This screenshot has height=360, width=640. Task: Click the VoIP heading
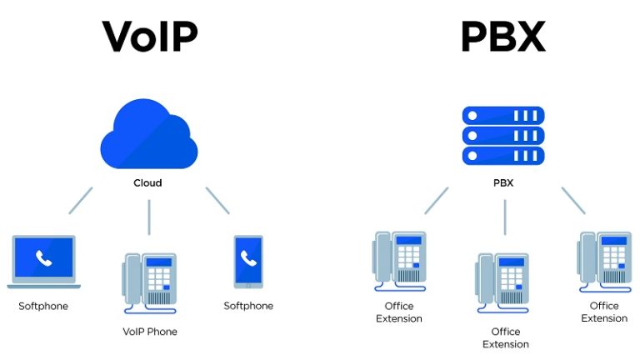[x=150, y=37]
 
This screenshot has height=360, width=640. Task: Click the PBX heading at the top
[x=502, y=37]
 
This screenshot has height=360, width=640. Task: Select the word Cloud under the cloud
[x=148, y=182]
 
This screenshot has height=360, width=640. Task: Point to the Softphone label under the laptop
[x=43, y=306]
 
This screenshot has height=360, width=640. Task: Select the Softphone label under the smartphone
[x=248, y=306]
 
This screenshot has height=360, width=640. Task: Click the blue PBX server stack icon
[x=502, y=136]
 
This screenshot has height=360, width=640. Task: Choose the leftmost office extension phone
[x=399, y=261]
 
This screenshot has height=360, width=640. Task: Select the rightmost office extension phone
[x=604, y=261]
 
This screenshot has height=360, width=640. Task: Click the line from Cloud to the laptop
[x=81, y=200]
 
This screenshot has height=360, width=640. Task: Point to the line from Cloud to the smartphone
[x=217, y=200]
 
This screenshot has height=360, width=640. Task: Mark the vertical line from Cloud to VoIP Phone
[x=149, y=217]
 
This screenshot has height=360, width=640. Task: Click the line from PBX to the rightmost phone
[x=573, y=200]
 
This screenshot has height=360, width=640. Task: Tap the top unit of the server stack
[x=502, y=116]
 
